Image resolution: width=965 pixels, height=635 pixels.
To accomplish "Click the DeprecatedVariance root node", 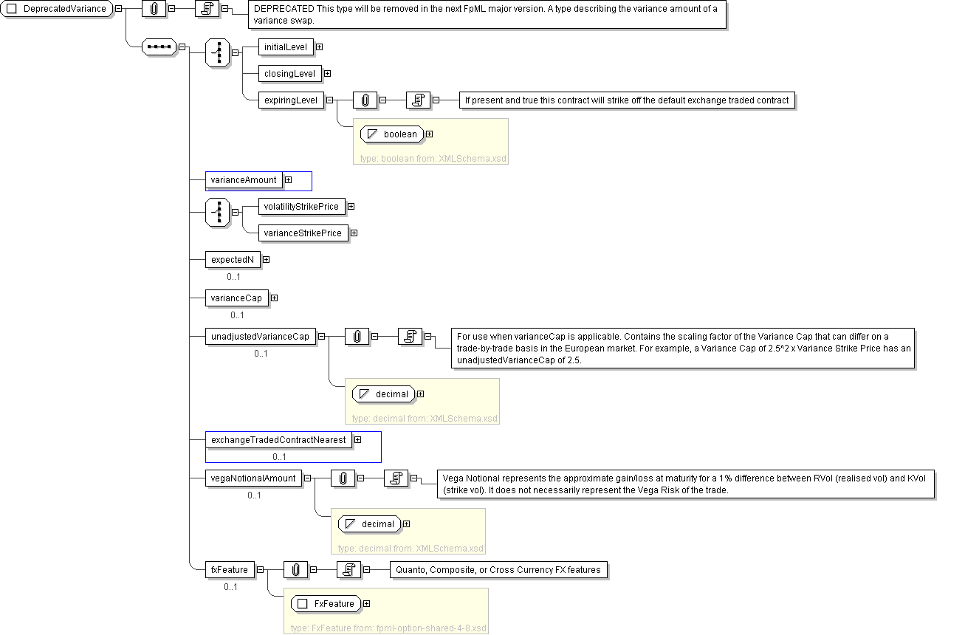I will pyautogui.click(x=59, y=9).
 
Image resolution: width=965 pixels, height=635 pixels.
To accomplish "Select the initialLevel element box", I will pyautogui.click(x=286, y=47).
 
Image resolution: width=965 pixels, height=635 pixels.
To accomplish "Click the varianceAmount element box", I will pyautogui.click(x=244, y=180).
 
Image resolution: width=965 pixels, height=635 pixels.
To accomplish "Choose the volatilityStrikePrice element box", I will pyautogui.click(x=301, y=207).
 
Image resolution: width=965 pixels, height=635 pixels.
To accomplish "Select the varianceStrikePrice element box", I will pyautogui.click(x=303, y=233).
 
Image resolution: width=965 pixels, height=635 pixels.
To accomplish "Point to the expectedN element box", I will pyautogui.click(x=233, y=260).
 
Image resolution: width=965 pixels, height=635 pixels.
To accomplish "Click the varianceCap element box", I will pyautogui.click(x=236, y=298).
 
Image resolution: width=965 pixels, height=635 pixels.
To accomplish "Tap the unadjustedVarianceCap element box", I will pyautogui.click(x=260, y=337).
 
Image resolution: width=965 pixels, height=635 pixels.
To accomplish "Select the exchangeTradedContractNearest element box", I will pyautogui.click(x=278, y=440).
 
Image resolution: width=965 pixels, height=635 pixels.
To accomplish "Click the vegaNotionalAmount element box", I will pyautogui.click(x=253, y=478).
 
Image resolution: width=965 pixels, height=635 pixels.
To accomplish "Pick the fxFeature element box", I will pyautogui.click(x=230, y=570).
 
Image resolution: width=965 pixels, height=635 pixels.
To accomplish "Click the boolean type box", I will pyautogui.click(x=393, y=134).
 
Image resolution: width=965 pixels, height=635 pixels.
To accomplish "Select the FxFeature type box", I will pyautogui.click(x=326, y=604).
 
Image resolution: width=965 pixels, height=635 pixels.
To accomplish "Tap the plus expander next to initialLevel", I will pyautogui.click(x=320, y=47).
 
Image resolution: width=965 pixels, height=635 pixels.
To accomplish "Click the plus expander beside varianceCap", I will pyautogui.click(x=274, y=298).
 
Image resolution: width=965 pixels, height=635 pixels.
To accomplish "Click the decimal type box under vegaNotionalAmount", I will pyautogui.click(x=370, y=524).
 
